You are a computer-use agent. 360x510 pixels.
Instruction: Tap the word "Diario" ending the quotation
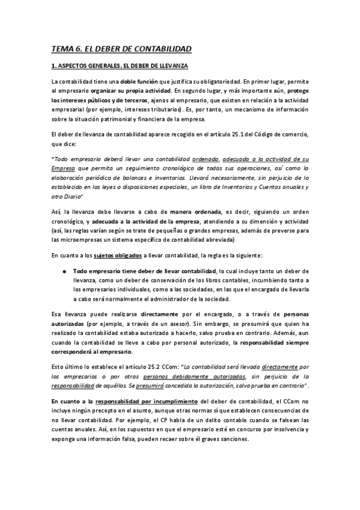coord(71,197)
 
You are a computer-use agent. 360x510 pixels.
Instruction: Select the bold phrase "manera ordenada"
coord(195,212)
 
